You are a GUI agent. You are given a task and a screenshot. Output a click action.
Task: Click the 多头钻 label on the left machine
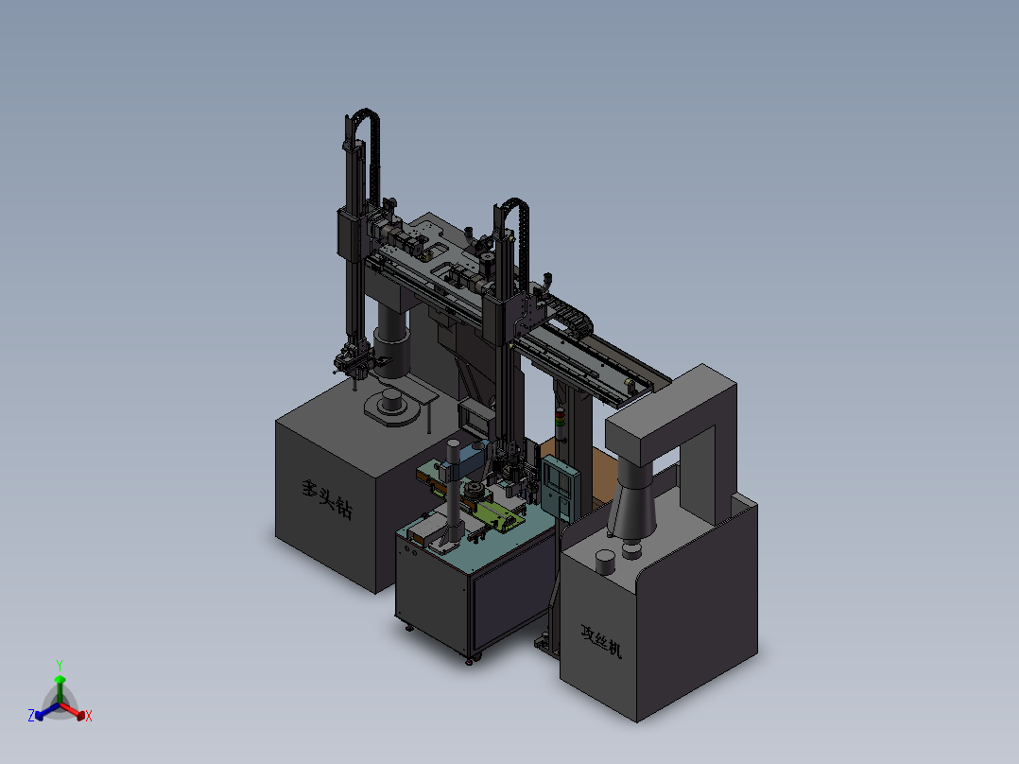click(x=327, y=499)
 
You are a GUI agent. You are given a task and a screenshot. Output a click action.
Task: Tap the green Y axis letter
click(x=60, y=665)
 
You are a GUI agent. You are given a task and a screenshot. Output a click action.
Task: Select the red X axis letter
click(x=89, y=716)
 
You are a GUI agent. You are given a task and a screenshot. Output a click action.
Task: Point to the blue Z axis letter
click(x=31, y=715)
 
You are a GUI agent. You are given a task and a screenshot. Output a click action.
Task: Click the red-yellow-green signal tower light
click(x=561, y=417)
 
